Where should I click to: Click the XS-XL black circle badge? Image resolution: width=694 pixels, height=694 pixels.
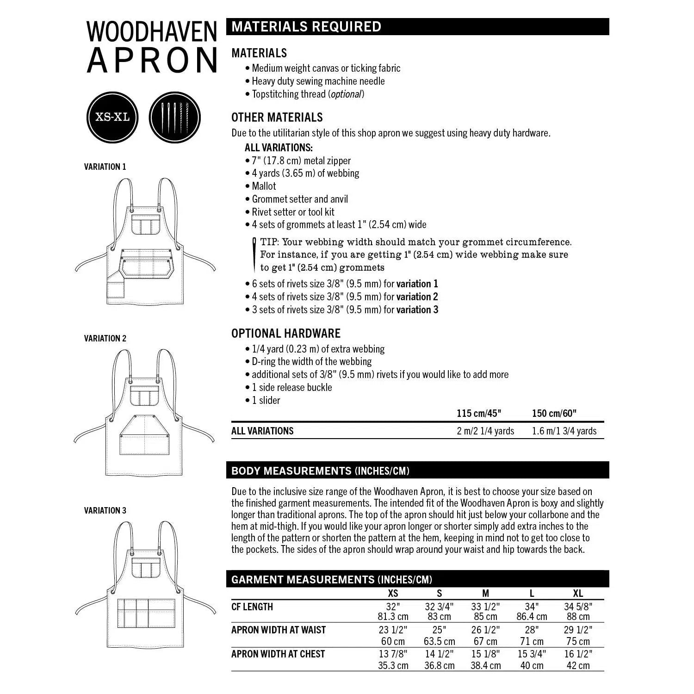point(112,117)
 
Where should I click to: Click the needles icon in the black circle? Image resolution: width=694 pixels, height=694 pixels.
point(175,117)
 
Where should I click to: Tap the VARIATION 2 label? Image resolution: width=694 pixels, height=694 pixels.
point(105,338)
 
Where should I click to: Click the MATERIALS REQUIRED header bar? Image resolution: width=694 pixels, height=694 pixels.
point(417,26)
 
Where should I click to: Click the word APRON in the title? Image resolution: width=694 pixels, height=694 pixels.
point(152,61)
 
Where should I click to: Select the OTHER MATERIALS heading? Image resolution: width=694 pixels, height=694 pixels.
point(277,117)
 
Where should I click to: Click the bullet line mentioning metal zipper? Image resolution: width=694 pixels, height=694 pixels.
point(301,161)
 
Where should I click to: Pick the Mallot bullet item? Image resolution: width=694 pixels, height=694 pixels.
point(263,186)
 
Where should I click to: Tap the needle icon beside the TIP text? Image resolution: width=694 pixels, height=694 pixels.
point(254,254)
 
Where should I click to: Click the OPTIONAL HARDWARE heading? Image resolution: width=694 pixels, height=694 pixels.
point(285,333)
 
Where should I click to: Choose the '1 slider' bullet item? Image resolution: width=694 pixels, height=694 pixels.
point(266,400)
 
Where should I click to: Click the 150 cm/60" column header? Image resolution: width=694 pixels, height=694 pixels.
point(554,413)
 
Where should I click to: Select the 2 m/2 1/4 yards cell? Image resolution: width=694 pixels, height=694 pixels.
point(485,431)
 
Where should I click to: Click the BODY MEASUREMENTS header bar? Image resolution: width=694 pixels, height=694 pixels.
point(417,471)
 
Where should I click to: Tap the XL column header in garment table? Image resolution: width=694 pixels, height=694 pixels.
point(578,593)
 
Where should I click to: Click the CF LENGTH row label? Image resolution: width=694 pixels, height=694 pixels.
point(252,607)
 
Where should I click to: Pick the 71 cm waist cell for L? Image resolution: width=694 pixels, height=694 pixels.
point(532,641)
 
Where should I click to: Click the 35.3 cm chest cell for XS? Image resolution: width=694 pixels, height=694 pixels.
point(393,665)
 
